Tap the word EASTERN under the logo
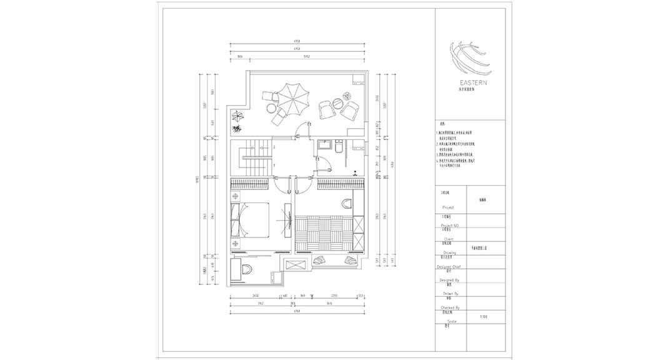(x=473, y=82)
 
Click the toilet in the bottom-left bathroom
(x=247, y=269)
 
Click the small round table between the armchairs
(x=336, y=100)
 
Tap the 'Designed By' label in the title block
(x=450, y=281)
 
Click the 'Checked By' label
(x=450, y=307)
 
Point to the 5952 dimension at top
(x=307, y=56)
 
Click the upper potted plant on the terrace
(x=238, y=116)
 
